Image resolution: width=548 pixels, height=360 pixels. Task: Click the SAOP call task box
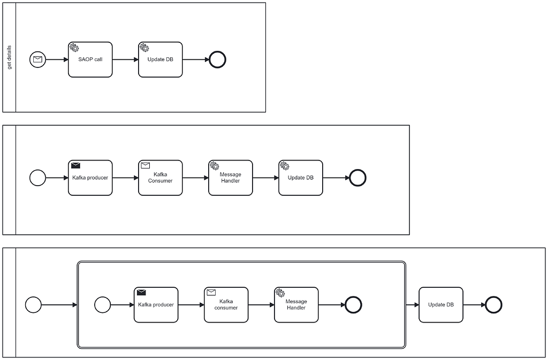point(90,59)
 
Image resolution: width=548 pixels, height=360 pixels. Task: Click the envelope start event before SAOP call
point(37,59)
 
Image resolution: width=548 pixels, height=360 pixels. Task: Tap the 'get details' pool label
point(9,57)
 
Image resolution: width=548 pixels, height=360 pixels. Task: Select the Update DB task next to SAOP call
point(160,59)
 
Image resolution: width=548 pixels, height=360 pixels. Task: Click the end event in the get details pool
point(218,59)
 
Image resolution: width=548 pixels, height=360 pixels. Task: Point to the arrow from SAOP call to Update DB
point(125,59)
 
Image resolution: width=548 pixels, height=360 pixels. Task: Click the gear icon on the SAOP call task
point(74,48)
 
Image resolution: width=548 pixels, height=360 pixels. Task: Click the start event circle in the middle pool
point(37,178)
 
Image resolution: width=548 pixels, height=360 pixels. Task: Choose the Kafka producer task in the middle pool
point(90,178)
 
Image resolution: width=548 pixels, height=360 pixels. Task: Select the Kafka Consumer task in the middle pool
point(160,178)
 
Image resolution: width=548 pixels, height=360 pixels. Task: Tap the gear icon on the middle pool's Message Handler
point(215,166)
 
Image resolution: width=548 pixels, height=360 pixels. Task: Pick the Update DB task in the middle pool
point(300,178)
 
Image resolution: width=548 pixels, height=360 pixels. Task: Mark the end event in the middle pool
point(357,178)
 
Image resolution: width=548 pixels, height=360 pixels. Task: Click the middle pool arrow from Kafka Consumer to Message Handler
point(195,178)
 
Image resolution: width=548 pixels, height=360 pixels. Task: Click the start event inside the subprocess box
point(102,305)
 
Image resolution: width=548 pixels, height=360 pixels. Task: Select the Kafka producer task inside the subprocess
point(156,305)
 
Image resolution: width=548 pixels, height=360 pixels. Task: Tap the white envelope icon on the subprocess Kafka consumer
point(211,293)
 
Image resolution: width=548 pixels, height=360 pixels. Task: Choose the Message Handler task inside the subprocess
point(296,305)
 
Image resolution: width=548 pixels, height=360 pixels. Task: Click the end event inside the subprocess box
point(353,305)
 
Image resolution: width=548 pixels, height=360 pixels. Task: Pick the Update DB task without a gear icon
point(440,305)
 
